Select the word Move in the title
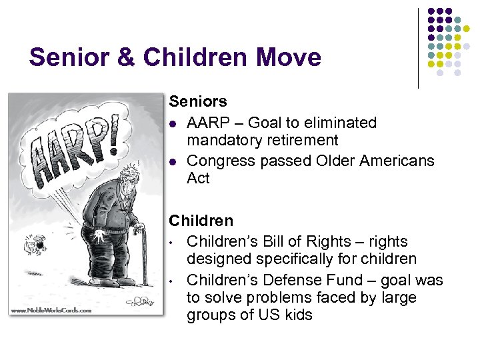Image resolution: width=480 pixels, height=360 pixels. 287,57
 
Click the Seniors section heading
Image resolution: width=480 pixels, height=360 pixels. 197,102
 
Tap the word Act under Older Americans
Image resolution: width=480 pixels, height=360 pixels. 198,179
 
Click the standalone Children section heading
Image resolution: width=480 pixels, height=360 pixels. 201,221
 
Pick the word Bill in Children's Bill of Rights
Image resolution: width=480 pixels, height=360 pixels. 274,241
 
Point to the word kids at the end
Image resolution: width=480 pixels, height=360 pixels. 297,315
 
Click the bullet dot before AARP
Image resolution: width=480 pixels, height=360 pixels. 173,123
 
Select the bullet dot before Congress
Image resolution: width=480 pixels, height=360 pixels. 173,161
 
